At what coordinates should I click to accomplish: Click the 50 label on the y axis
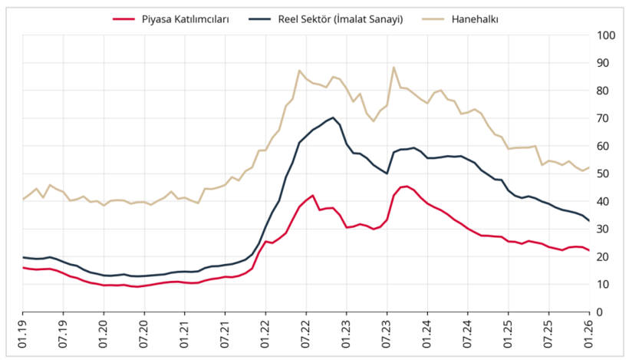pos(604,173)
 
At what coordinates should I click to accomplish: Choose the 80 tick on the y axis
pos(604,91)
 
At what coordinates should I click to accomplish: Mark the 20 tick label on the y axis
pos(604,257)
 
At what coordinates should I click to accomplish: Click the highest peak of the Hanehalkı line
pos(394,68)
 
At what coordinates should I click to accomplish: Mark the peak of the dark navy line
pos(333,117)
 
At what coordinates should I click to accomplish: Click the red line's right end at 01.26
pos(588,251)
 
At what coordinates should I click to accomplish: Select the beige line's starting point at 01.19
pos(23,200)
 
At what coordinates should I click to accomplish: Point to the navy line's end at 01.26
pos(588,221)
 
